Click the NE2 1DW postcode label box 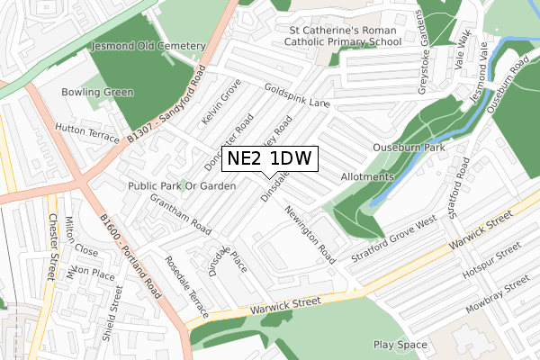click(x=269, y=159)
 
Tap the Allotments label click(x=367, y=177)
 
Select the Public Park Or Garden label click(x=182, y=185)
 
